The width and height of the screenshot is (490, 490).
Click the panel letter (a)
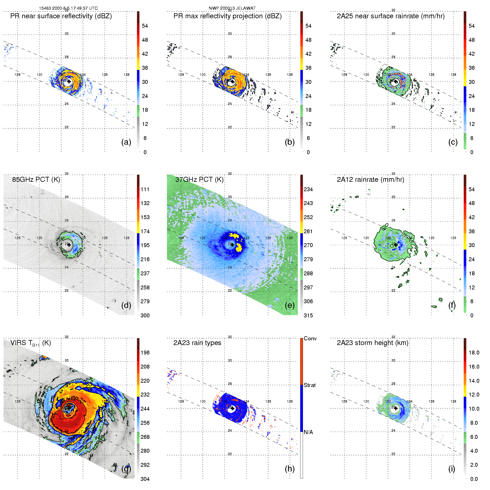[x=126, y=142]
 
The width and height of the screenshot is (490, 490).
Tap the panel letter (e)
[x=289, y=305]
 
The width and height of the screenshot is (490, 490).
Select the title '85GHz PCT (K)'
[x=36, y=180]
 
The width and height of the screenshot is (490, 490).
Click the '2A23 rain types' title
[x=197, y=343]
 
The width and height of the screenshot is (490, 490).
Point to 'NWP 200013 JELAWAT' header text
[x=232, y=8]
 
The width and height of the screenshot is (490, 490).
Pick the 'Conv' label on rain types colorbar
[x=310, y=339]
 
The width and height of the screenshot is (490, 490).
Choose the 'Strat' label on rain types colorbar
[x=310, y=385]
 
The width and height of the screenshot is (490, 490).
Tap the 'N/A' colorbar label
[x=308, y=432]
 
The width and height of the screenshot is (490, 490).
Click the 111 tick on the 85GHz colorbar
[x=145, y=190]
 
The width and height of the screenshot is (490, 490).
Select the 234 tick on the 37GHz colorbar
[x=308, y=190]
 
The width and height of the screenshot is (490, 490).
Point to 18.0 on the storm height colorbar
[x=474, y=353]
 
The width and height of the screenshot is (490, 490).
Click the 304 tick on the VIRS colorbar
[x=145, y=479]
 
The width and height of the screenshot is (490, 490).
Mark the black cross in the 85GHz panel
[x=69, y=245]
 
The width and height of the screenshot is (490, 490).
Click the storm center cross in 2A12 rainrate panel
[x=396, y=245]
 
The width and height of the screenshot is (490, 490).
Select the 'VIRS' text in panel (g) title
[x=19, y=343]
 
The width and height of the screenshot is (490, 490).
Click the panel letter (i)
[x=452, y=469]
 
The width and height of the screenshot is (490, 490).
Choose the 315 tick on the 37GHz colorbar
[x=308, y=316]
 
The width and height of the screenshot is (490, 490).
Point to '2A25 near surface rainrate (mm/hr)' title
[x=390, y=16]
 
